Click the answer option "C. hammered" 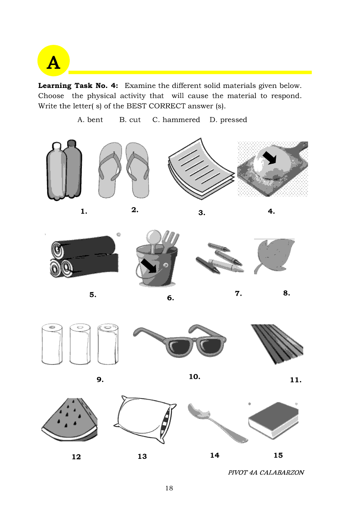tap(176, 120)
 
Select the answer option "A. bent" tap(90, 120)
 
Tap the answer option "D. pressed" tap(228, 120)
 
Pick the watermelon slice tap(70, 420)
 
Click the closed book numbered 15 tap(273, 420)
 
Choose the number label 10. tap(194, 377)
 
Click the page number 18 tap(169, 488)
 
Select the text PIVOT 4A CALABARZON tap(266, 472)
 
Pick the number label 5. tap(93, 294)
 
